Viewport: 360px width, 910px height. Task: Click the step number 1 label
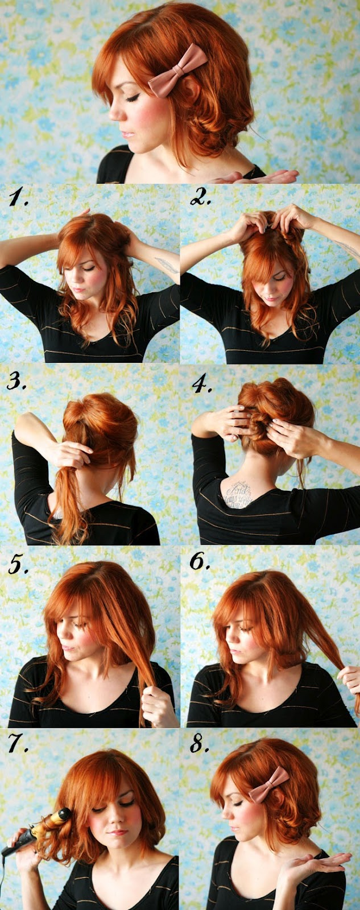(x=19, y=198)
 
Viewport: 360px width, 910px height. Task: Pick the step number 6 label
(x=200, y=562)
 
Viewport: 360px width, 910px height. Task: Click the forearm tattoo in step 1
(x=165, y=264)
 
